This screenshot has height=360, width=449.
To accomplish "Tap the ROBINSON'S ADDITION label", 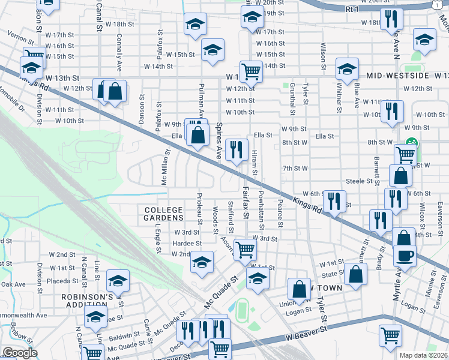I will point(87,301).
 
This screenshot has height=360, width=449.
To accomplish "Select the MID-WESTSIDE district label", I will point(397,76).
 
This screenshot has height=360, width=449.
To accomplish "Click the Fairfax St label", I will point(246,202).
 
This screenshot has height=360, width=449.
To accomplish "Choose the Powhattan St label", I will point(262,211).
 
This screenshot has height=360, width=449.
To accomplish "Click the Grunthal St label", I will point(292,100).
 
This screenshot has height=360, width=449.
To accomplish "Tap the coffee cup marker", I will point(405,254).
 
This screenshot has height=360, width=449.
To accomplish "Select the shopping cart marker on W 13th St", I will point(251,71).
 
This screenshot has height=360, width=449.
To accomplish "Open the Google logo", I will point(20,353).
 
